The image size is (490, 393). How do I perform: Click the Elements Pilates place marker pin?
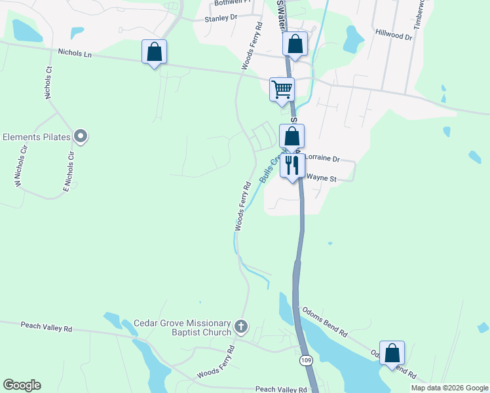click(81, 137)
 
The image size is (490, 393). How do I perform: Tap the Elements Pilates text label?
click(35, 138)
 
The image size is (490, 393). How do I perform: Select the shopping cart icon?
click(282, 88)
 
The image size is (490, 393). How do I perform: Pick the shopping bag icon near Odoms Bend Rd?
click(392, 352)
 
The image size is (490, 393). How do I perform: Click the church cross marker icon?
click(241, 326)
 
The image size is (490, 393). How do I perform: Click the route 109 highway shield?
click(306, 360)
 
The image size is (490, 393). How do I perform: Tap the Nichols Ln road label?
click(75, 52)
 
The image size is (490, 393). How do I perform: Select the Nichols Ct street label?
click(48, 83)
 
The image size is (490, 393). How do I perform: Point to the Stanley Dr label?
click(219, 18)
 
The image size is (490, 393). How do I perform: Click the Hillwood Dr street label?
click(393, 33)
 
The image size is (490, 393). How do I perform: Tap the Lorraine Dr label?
click(323, 159)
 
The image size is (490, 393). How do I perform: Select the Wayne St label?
click(321, 178)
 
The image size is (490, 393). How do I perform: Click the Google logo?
click(22, 385)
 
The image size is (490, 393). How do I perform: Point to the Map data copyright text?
click(449, 388)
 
